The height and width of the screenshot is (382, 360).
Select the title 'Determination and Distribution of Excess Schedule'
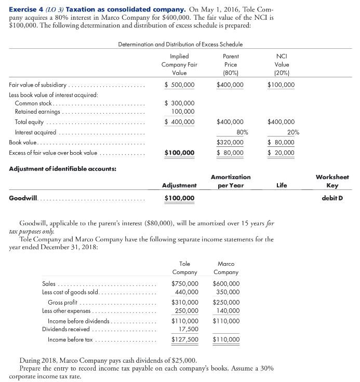[180, 45]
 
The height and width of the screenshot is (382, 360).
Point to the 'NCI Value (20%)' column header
[281, 64]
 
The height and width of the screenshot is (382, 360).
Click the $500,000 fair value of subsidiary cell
[179, 85]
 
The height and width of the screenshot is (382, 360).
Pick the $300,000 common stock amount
[179, 103]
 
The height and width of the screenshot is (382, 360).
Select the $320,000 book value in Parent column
[230, 142]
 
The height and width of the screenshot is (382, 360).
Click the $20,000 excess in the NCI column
[281, 153]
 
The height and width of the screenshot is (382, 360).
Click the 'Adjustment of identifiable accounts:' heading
[63, 169]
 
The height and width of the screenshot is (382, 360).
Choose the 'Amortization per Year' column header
[231, 181]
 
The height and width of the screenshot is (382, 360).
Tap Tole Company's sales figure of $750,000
[184, 283]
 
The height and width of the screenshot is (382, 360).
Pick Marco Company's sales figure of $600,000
[226, 283]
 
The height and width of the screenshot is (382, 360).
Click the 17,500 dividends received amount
[188, 329]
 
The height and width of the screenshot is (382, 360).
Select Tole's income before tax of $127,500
[184, 340]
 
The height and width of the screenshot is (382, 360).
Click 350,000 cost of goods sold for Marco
[229, 292]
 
